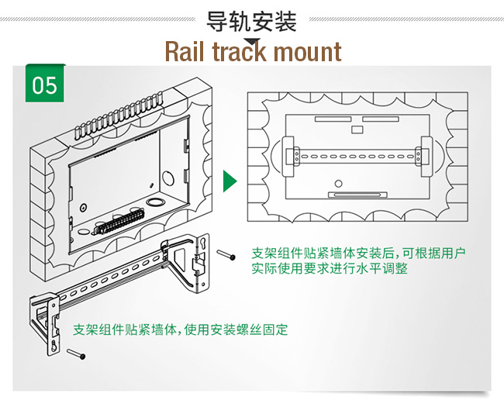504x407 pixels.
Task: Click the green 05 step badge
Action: pos(45,85)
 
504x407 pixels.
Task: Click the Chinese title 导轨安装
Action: pos(252,21)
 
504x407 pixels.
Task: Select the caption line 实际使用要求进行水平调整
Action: pos(330,268)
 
